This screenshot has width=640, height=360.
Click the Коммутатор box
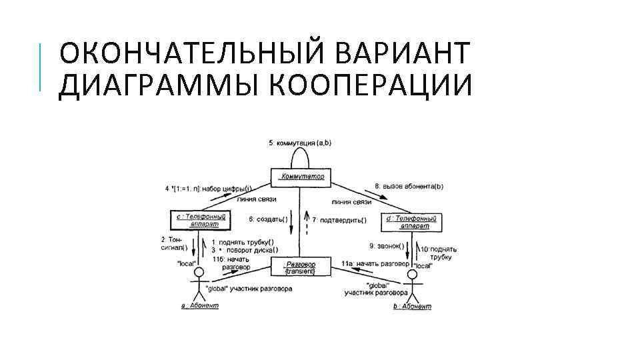pos(302,177)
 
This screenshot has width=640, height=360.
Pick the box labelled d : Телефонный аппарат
pos(411,221)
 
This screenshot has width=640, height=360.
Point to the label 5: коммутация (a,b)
pos(300,143)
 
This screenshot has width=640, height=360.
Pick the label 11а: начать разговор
pos(373,263)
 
